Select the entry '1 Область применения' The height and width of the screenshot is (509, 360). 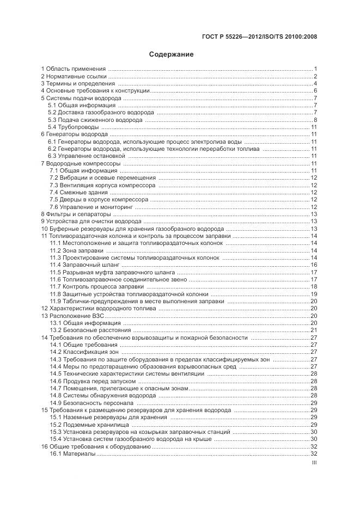tap(74, 69)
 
